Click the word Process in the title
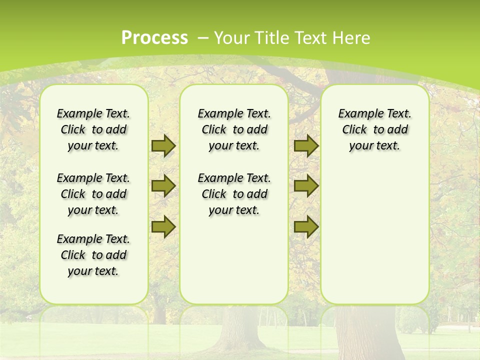click(154, 37)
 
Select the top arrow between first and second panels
click(163, 145)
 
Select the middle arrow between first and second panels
click(163, 186)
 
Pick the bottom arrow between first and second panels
click(163, 226)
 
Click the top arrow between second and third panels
click(306, 145)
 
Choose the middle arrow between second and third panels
click(306, 186)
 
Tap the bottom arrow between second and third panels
click(306, 226)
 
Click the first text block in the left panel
click(93, 129)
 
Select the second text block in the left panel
click(93, 194)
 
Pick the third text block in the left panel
click(93, 255)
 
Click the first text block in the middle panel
click(234, 129)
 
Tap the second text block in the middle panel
click(234, 194)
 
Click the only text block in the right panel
click(375, 129)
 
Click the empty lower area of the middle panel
click(234, 260)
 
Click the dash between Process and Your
click(203, 37)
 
